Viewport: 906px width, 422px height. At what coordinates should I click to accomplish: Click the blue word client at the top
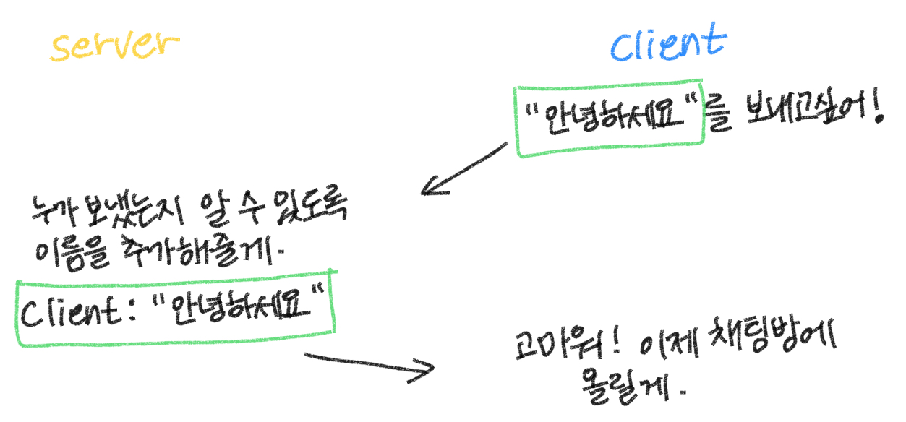pos(666,43)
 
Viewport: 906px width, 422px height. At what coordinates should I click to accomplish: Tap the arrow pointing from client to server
pos(463,169)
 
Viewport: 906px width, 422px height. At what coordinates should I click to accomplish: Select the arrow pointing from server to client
pos(369,365)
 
